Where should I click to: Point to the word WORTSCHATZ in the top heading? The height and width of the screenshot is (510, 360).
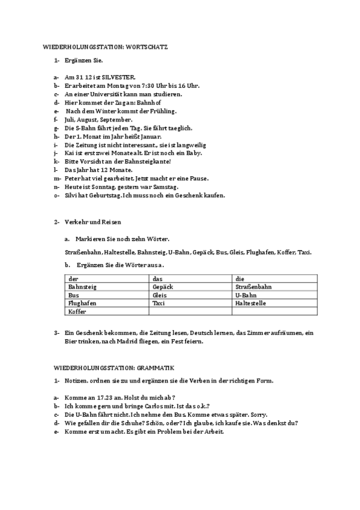[x=145, y=46]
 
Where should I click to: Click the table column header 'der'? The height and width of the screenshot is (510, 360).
[x=73, y=279]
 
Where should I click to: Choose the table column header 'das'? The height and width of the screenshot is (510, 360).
[x=157, y=279]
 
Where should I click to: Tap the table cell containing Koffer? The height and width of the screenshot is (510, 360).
[x=77, y=312]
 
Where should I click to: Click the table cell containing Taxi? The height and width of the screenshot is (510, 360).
[x=159, y=304]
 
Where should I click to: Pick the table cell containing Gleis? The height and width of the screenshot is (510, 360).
[x=159, y=295]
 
